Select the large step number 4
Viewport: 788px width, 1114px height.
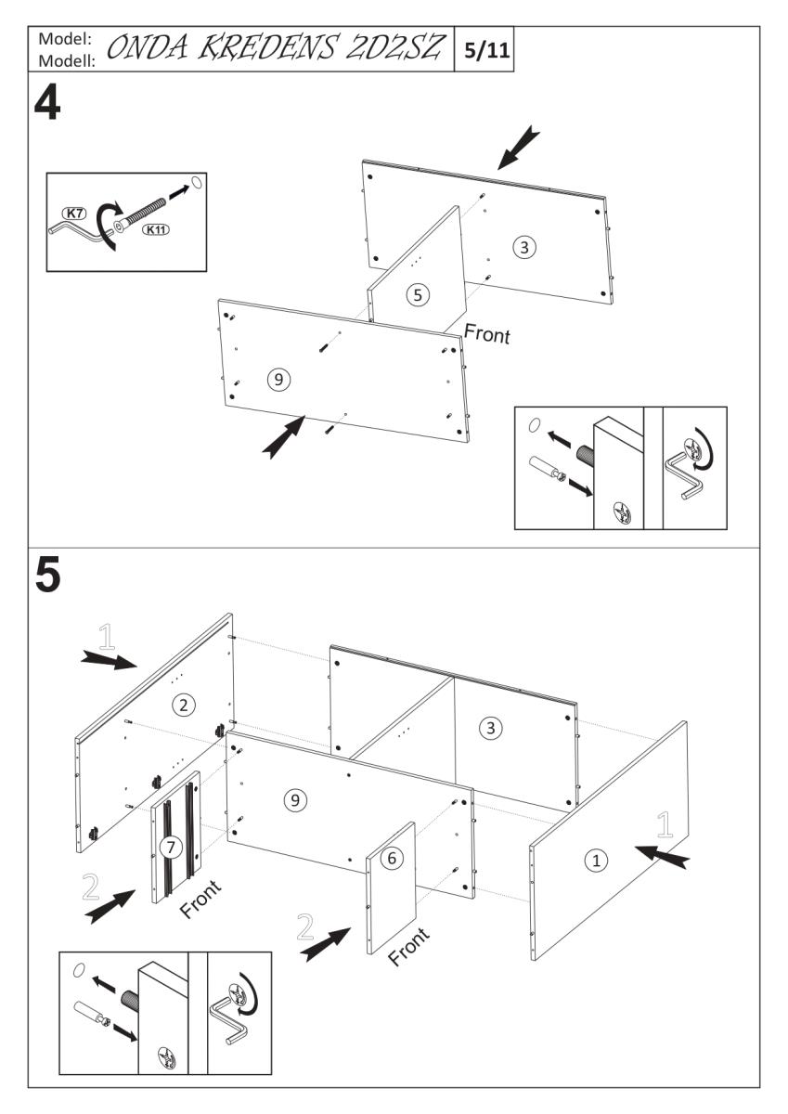pos(47,105)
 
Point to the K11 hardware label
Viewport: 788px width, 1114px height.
pos(156,229)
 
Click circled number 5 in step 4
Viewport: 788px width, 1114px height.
pos(418,294)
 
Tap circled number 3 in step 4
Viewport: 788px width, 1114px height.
pos(524,247)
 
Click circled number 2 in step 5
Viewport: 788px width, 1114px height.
pos(186,706)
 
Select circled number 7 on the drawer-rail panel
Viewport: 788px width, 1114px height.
pos(169,847)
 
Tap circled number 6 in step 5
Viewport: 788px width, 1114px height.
pos(392,860)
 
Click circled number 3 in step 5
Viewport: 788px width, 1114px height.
pos(491,729)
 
